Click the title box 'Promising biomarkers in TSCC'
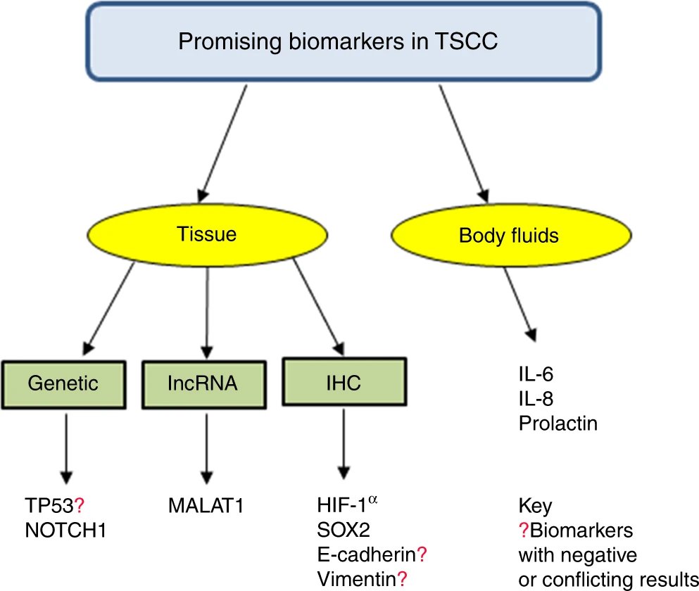point(344,42)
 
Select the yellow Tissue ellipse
point(207,235)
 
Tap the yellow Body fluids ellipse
point(511,235)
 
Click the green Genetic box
point(64,385)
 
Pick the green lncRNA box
point(204,385)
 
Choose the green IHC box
point(344,382)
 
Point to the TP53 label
point(49,505)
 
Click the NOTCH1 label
point(65,530)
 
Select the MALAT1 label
point(206,505)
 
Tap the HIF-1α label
point(347,504)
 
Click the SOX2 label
point(344,530)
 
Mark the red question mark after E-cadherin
point(422,554)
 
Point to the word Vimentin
point(357,579)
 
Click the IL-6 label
point(536,374)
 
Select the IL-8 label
point(536,398)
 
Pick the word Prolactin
point(558,423)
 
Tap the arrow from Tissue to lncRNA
point(207,313)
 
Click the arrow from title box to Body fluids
point(464,144)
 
